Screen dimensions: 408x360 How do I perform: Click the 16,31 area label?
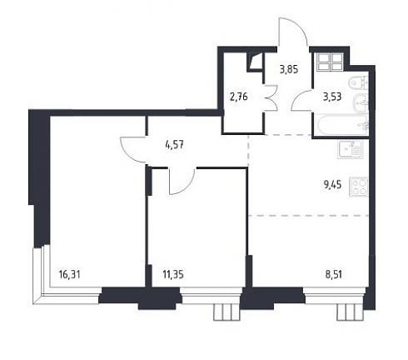[70, 275]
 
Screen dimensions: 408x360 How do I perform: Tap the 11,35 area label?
[173, 275]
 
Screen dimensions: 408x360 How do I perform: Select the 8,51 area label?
[333, 274]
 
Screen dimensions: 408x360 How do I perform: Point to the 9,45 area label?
[332, 184]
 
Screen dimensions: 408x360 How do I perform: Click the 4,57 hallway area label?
[174, 145]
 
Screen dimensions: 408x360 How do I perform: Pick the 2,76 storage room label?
[238, 97]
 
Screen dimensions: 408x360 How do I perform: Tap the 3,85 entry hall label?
[289, 69]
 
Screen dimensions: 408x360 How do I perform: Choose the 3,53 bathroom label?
[332, 97]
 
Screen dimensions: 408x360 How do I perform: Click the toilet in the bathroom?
[359, 82]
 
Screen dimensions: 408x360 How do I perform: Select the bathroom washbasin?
[361, 103]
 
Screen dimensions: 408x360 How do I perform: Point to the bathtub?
[341, 125]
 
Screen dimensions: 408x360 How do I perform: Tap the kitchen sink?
[351, 149]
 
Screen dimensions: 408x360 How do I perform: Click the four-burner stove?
[359, 187]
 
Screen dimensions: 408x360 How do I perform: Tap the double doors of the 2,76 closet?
[271, 97]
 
